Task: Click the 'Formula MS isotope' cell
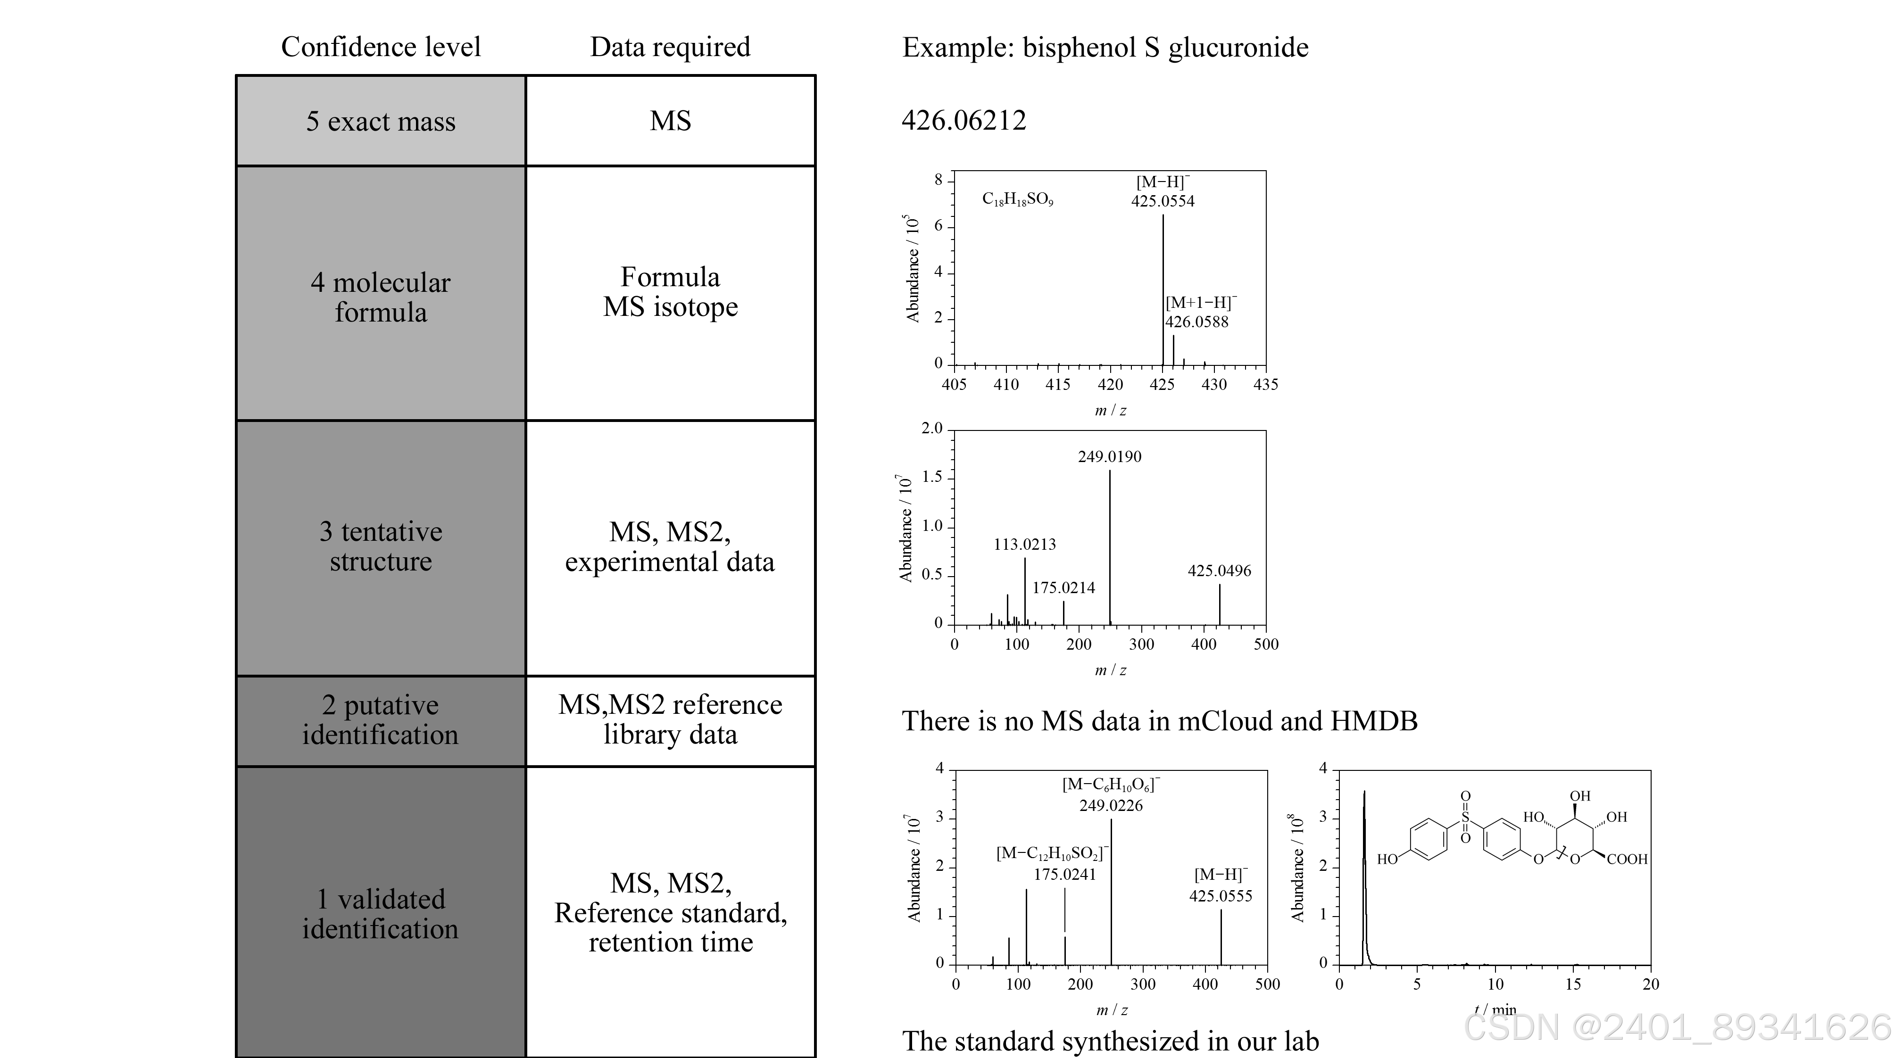pos(670,292)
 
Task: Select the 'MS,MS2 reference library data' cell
pos(670,720)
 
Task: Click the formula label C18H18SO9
pos(1018,199)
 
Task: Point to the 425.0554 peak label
pos(1163,201)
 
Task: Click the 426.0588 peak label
pos(1196,321)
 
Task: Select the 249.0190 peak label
pos(1110,456)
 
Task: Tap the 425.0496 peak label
pos(1219,570)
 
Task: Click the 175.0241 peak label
pos(1064,874)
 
